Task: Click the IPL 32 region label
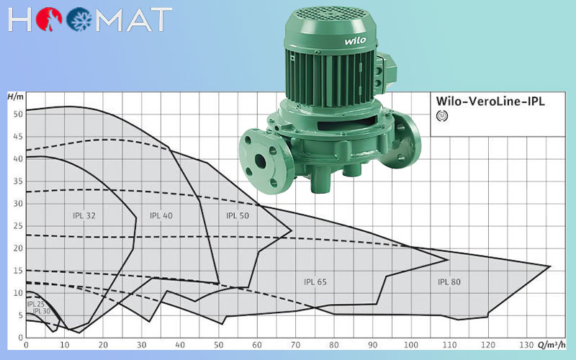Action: (x=84, y=215)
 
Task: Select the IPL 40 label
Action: (x=161, y=215)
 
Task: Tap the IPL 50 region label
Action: (x=238, y=215)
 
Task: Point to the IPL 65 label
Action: (x=315, y=282)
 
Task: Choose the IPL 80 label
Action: (x=449, y=282)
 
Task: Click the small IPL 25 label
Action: (x=35, y=304)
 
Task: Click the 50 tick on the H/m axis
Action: (x=18, y=114)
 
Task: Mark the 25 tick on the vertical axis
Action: (x=18, y=226)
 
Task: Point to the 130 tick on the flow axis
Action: (x=526, y=345)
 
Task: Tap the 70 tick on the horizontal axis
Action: (x=295, y=345)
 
